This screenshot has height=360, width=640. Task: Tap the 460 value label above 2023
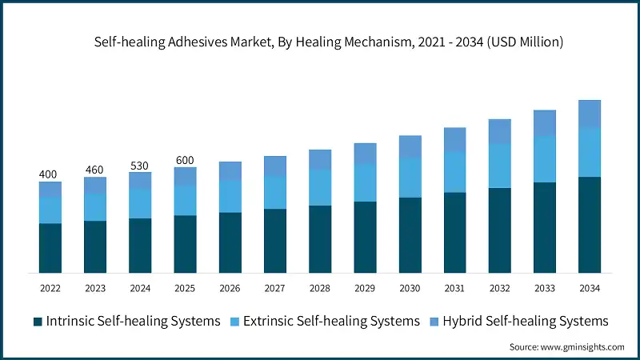pyautogui.click(x=95, y=170)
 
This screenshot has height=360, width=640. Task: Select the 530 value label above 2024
pyautogui.click(x=140, y=166)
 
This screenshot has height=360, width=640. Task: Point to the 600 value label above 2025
pyautogui.click(x=185, y=160)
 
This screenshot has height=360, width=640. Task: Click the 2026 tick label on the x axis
pyautogui.click(x=230, y=288)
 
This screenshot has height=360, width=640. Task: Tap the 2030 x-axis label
pyautogui.click(x=410, y=288)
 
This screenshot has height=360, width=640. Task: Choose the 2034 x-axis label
pyautogui.click(x=590, y=288)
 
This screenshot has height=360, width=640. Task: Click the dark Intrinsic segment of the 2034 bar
pyautogui.click(x=590, y=225)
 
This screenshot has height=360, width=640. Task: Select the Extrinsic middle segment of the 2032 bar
pyautogui.click(x=500, y=166)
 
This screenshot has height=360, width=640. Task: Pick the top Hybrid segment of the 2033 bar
pyautogui.click(x=545, y=123)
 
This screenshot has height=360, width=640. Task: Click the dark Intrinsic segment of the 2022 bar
pyautogui.click(x=50, y=248)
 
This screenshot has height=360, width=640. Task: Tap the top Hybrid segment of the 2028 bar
pyautogui.click(x=320, y=159)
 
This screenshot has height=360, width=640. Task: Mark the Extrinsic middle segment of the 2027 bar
pyautogui.click(x=275, y=192)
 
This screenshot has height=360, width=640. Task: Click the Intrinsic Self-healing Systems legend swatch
pyautogui.click(x=38, y=322)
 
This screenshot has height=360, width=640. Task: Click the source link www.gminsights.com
pyautogui.click(x=582, y=346)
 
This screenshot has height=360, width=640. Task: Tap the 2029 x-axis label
pyautogui.click(x=365, y=288)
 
